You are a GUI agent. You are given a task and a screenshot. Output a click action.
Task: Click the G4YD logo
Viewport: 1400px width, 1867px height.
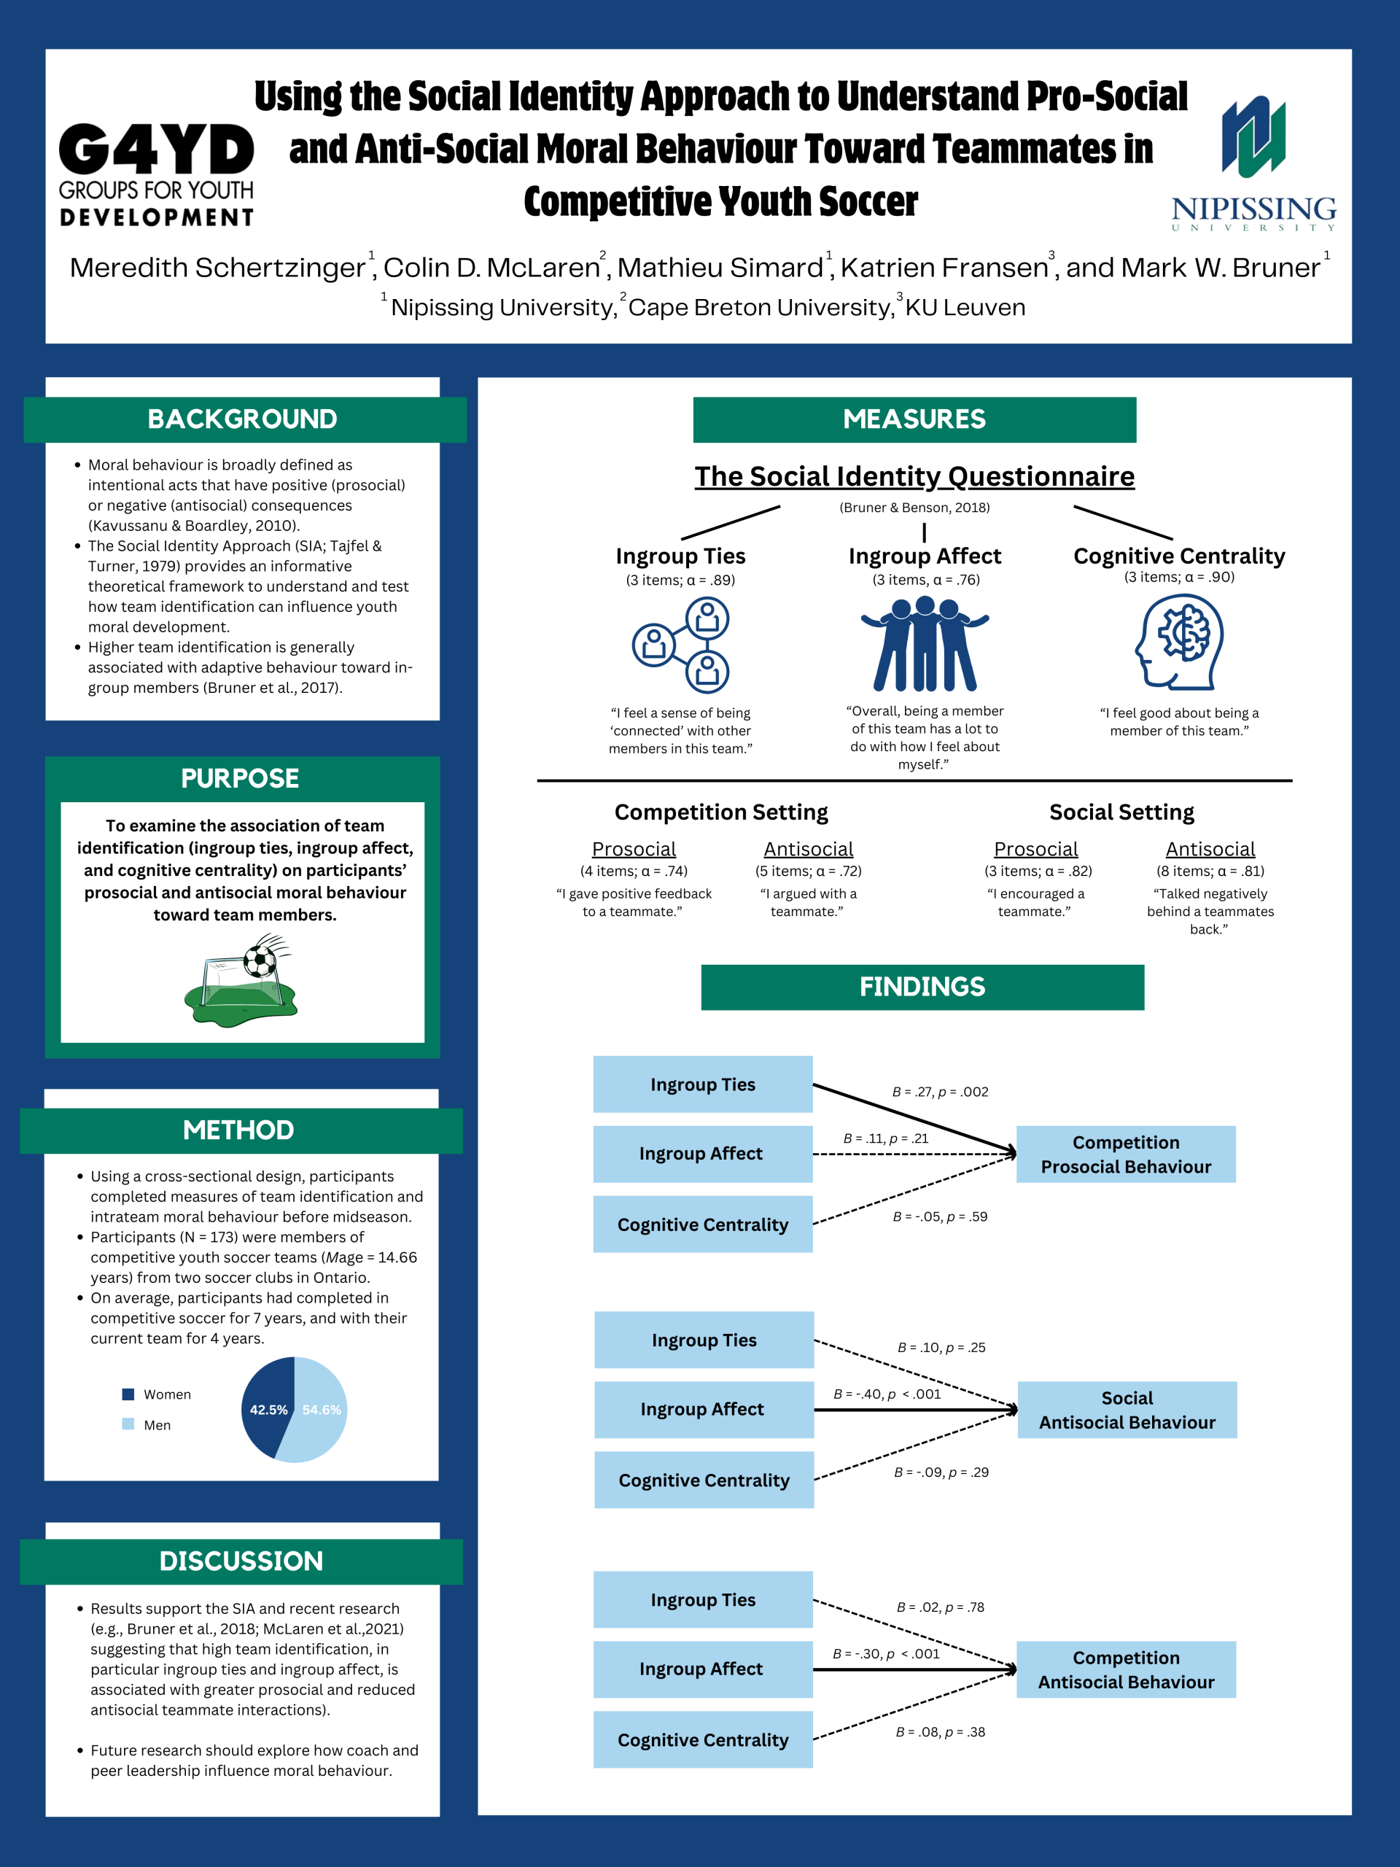click(156, 175)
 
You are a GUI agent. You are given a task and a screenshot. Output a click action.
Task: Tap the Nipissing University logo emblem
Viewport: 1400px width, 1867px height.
click(1253, 136)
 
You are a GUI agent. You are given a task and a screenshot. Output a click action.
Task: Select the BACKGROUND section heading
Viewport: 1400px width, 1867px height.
click(242, 419)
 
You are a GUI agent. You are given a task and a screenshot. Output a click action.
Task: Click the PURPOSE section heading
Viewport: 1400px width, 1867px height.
click(241, 778)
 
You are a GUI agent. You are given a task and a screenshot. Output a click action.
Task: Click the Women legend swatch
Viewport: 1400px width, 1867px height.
click(128, 1394)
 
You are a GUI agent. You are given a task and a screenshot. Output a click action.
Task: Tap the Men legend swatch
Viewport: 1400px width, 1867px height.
click(128, 1424)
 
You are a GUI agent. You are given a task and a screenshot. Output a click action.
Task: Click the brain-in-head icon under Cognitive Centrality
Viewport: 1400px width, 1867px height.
click(1179, 642)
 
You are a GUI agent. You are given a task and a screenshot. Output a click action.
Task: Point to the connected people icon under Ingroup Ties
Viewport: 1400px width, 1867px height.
click(681, 645)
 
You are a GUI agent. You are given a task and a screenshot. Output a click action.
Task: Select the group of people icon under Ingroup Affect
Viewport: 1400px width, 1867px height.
click(925, 643)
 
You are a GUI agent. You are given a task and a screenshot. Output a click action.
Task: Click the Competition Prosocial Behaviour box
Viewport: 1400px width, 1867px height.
click(1126, 1154)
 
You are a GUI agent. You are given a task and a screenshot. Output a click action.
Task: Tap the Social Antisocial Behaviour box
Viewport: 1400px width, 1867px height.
click(1127, 1410)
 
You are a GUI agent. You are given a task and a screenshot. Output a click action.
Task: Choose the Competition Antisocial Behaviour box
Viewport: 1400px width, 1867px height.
click(1126, 1669)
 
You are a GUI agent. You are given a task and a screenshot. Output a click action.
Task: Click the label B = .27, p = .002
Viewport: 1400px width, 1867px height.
click(940, 1091)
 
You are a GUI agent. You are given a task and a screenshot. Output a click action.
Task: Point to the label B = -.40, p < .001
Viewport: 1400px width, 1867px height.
click(887, 1394)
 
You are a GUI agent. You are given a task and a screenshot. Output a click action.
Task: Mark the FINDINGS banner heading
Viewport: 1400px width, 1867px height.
click(922, 987)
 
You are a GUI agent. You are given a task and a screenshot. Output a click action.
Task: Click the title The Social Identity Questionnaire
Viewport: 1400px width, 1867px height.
click(915, 476)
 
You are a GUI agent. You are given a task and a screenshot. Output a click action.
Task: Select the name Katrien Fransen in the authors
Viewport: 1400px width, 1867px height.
click(944, 268)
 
